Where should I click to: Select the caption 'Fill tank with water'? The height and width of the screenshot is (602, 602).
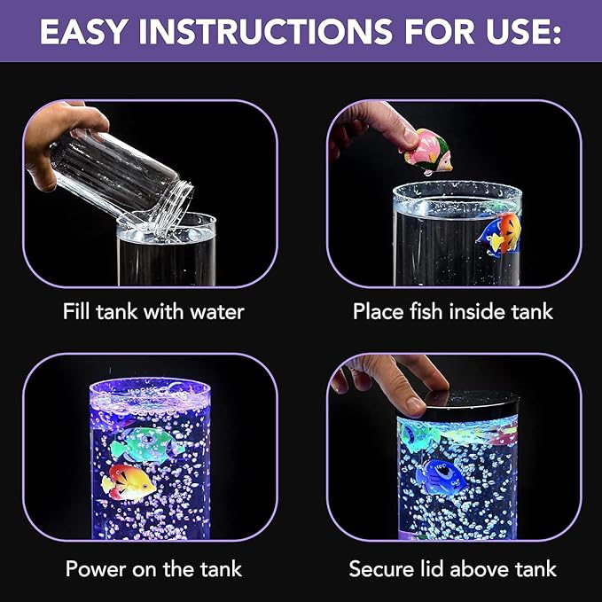pyautogui.click(x=152, y=312)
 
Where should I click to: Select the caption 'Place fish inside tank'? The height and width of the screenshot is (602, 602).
pyautogui.click(x=452, y=312)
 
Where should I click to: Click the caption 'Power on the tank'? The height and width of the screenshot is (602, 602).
pyautogui.click(x=152, y=568)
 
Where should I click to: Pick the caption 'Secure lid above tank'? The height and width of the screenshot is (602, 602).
pyautogui.click(x=452, y=568)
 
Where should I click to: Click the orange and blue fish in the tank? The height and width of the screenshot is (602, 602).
pyautogui.click(x=498, y=232)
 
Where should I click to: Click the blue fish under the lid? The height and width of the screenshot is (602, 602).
pyautogui.click(x=441, y=477)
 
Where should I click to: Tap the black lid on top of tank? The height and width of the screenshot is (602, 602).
pyautogui.click(x=461, y=401)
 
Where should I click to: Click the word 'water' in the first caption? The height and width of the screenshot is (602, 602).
pyautogui.click(x=216, y=312)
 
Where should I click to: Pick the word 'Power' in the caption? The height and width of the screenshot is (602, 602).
pyautogui.click(x=95, y=568)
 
